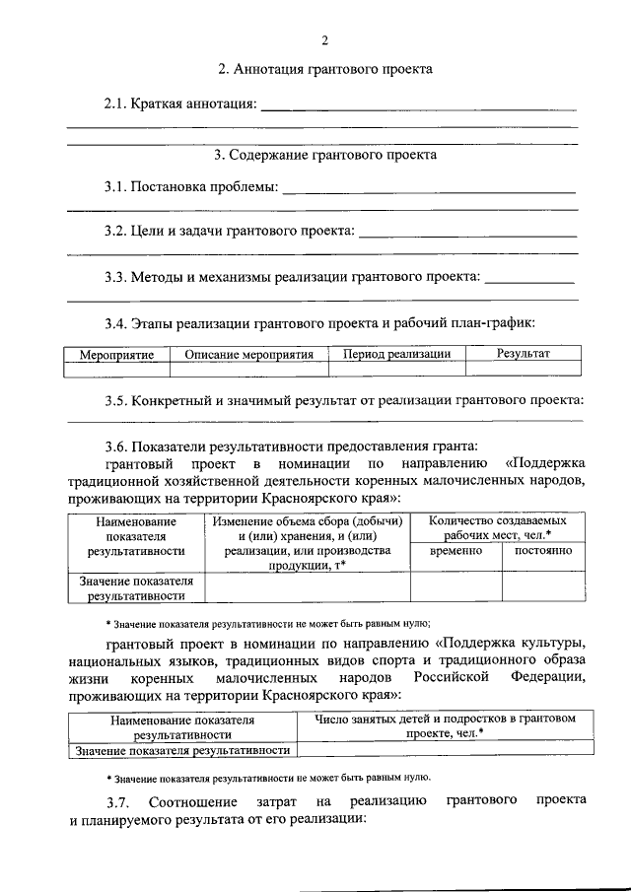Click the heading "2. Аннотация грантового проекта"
click(324, 70)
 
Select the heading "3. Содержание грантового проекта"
click(325, 155)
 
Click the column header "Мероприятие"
click(116, 354)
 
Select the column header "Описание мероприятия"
click(249, 354)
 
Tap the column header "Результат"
click(524, 353)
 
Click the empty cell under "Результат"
click(524, 369)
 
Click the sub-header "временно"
click(456, 551)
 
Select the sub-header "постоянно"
click(542, 551)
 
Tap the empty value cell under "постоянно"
click(542, 587)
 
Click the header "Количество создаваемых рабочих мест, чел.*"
click(498, 525)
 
